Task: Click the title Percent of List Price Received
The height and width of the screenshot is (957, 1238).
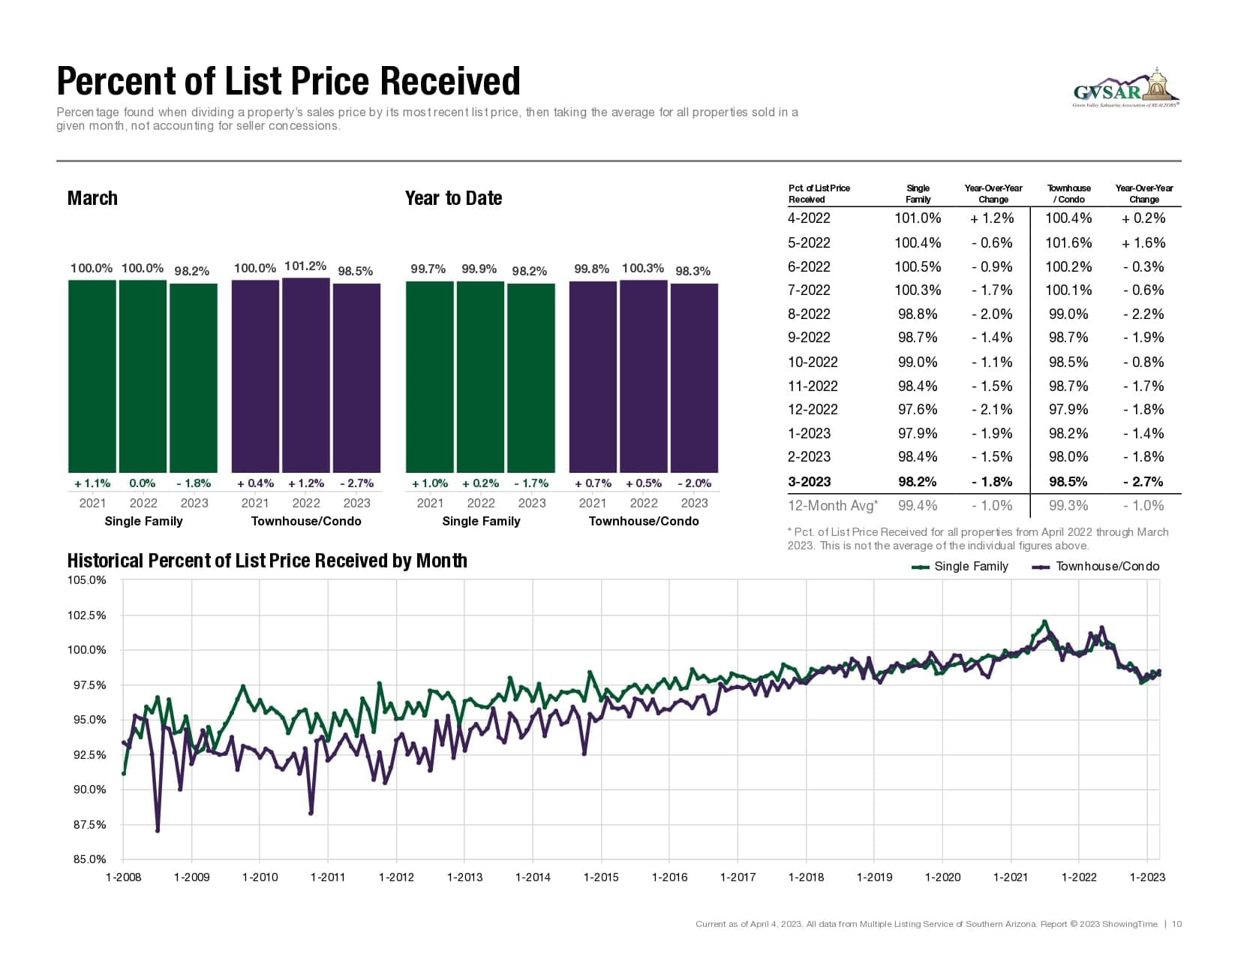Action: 288,81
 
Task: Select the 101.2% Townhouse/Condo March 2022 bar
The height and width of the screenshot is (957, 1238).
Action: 306,375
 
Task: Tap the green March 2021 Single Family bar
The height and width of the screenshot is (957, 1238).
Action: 92,375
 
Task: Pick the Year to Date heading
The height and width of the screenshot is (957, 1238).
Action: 453,198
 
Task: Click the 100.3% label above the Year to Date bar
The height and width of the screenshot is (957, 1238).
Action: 642,268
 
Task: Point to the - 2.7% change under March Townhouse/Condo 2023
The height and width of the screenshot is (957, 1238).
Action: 356,483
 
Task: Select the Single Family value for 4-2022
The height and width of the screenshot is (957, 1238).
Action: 918,218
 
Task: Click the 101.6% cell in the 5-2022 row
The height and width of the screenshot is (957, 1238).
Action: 1068,242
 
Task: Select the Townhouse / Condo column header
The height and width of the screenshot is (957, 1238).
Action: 1069,194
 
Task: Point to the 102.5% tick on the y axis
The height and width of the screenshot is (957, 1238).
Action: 87,615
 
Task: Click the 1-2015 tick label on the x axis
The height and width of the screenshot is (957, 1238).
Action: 601,877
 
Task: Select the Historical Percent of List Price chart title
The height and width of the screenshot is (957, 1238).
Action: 267,561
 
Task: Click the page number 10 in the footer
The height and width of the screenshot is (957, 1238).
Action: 1176,924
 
